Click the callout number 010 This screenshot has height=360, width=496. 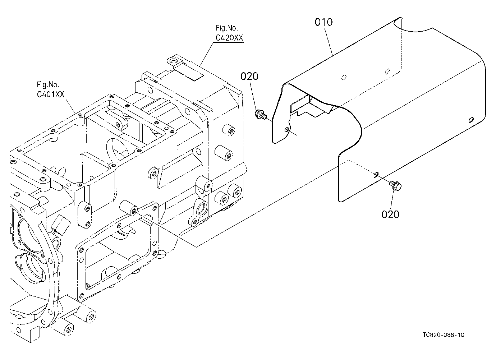coord(323,22)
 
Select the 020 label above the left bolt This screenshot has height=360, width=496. coord(249,77)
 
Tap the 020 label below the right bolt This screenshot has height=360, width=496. coord(390,214)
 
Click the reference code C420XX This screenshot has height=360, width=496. coord(229,38)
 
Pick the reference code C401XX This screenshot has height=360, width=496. coord(50,94)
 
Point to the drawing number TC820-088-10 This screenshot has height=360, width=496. coord(443,335)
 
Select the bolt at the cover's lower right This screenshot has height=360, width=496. coord(395,185)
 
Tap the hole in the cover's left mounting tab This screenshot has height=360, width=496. coord(287,129)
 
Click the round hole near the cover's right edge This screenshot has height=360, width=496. coord(471,120)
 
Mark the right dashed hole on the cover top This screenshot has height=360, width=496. coord(387,71)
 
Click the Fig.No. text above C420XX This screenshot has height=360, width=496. coord(227,28)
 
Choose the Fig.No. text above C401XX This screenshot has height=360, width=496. coord(48,84)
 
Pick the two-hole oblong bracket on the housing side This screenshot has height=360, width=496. coord(84,214)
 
